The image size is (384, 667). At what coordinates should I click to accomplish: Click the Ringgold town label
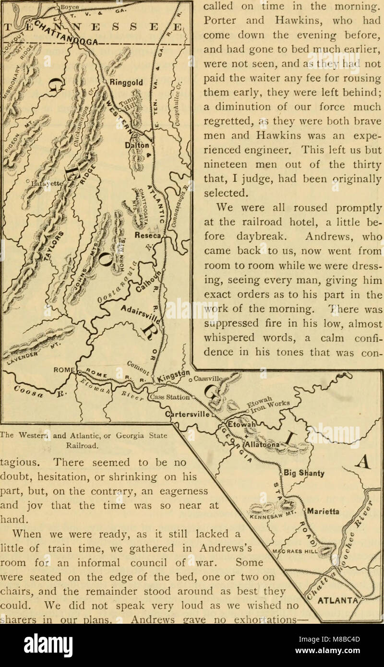point(125,83)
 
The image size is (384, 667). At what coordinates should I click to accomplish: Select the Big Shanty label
point(305,473)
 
